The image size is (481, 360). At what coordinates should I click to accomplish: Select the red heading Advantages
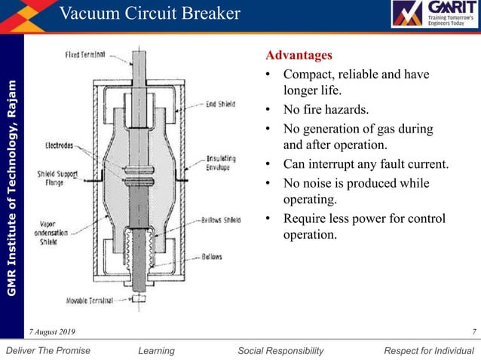click(x=299, y=56)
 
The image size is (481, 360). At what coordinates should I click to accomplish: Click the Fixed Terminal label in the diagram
click(x=85, y=54)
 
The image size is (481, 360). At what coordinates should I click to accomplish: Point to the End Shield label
click(x=221, y=105)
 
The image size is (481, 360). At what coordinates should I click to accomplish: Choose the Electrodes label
click(x=60, y=145)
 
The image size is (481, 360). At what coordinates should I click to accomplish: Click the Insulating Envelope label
click(x=221, y=163)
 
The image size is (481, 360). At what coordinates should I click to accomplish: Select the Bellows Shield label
click(x=221, y=221)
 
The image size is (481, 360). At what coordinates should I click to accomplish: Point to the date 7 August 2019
click(x=52, y=332)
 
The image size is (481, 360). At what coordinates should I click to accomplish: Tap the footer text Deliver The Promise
click(x=47, y=350)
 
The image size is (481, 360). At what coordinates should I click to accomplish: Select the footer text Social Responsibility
click(x=280, y=350)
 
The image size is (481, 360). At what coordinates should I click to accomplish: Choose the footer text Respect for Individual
click(x=429, y=350)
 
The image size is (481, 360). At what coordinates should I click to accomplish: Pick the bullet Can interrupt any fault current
click(x=366, y=164)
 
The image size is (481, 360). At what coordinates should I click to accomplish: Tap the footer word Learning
click(x=157, y=350)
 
